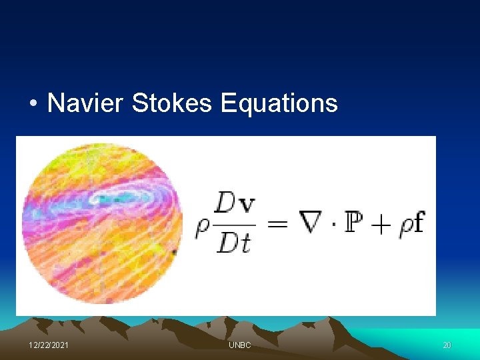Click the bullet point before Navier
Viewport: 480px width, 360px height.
[33, 104]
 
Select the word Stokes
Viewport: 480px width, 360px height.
[172, 103]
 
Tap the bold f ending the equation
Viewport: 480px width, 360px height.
[418, 221]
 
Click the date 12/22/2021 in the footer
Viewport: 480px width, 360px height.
[48, 345]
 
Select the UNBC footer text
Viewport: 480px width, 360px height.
[239, 345]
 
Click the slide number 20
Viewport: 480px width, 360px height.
[447, 345]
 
